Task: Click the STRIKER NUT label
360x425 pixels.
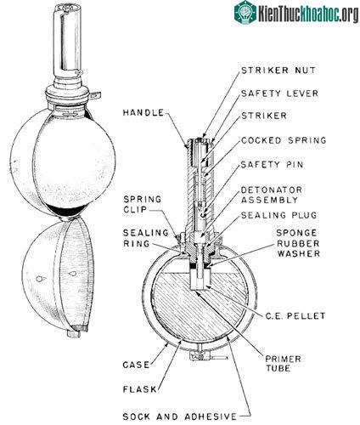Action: coord(278,70)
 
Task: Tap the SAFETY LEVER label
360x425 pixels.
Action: coord(279,93)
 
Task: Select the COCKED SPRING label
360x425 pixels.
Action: coord(284,140)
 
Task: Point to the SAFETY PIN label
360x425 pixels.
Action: coord(272,164)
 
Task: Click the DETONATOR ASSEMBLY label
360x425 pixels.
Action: coord(271,195)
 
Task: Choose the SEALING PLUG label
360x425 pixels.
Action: coord(278,215)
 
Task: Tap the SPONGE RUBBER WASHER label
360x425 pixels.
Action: coord(298,243)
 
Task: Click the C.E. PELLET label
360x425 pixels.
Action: coord(295,315)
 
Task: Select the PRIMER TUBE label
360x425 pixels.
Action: coord(283,364)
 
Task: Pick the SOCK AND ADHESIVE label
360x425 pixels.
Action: coord(180,416)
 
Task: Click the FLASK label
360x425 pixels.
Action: coord(140,389)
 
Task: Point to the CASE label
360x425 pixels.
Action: coord(136,365)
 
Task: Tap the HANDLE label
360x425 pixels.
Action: coord(143,112)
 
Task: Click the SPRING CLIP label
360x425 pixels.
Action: coord(143,204)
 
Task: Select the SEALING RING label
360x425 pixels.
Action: coord(145,238)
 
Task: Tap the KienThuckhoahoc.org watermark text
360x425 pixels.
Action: coord(308,14)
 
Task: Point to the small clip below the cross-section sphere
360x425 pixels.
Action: coord(200,356)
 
